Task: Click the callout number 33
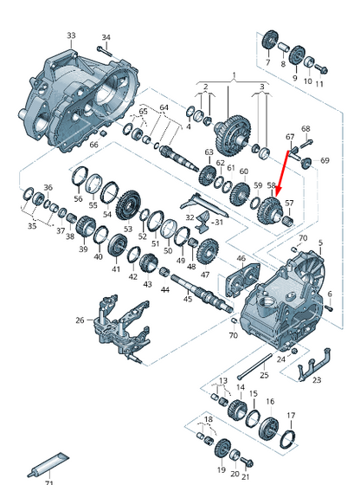(70, 36)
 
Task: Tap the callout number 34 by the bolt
(106, 37)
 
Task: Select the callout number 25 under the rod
(265, 374)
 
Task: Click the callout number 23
(316, 379)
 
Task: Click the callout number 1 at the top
(232, 76)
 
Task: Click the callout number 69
(325, 161)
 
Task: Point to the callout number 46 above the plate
(241, 258)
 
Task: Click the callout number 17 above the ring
(291, 414)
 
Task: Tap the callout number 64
(164, 107)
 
